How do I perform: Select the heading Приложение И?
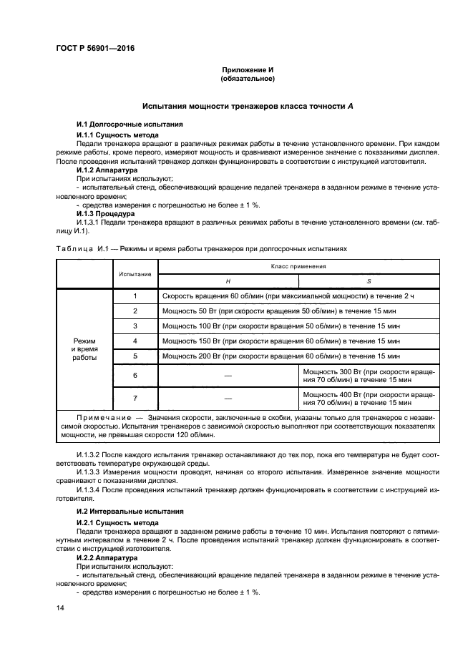point(247,70)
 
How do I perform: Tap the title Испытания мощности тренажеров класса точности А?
point(248,105)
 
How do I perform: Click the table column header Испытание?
point(135,273)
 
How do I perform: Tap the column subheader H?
point(228,281)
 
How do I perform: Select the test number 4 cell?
point(135,341)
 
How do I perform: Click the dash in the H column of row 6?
point(228,376)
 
